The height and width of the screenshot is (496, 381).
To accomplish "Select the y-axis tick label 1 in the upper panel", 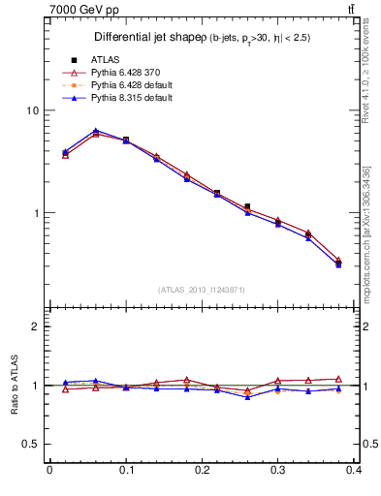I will tap(35, 213).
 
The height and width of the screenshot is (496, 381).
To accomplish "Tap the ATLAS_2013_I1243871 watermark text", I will tap(202, 290).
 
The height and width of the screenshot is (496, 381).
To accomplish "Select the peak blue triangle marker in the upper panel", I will tap(95, 131).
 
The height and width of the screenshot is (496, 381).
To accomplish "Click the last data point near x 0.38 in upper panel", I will tap(338, 263).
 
